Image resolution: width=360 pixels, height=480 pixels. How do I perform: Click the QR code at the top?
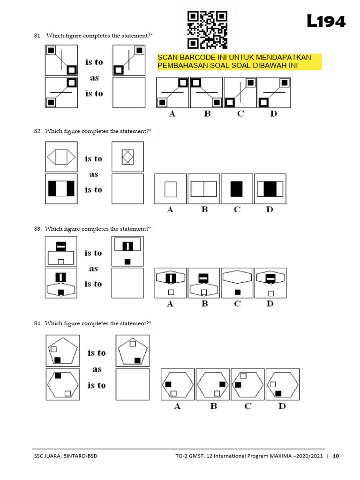[207, 30]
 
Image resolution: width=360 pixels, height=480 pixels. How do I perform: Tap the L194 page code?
[326, 22]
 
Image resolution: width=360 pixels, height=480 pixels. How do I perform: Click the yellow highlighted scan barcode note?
[240, 61]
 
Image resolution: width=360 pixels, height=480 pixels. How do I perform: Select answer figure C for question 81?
[240, 92]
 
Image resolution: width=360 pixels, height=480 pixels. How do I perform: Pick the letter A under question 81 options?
[172, 114]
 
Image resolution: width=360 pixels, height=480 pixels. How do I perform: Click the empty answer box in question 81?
[129, 93]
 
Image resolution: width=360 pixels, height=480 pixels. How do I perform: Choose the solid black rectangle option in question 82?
[237, 189]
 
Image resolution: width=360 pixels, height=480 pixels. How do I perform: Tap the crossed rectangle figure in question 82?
[127, 157]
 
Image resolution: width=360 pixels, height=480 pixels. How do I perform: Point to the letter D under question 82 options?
[269, 210]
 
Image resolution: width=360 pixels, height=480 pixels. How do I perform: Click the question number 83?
[37, 229]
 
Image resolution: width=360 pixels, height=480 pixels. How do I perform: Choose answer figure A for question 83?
[171, 283]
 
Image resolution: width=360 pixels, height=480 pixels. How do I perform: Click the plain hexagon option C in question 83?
[237, 283]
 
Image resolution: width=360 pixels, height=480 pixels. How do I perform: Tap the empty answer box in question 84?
[132, 384]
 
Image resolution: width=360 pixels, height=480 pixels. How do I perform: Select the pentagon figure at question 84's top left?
[62, 351]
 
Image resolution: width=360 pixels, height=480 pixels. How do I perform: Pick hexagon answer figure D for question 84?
[282, 384]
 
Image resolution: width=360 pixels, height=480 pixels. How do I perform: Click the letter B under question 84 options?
[213, 406]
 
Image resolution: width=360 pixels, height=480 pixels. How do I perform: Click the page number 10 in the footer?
[335, 456]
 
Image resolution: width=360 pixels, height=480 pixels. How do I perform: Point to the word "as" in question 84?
[97, 369]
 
